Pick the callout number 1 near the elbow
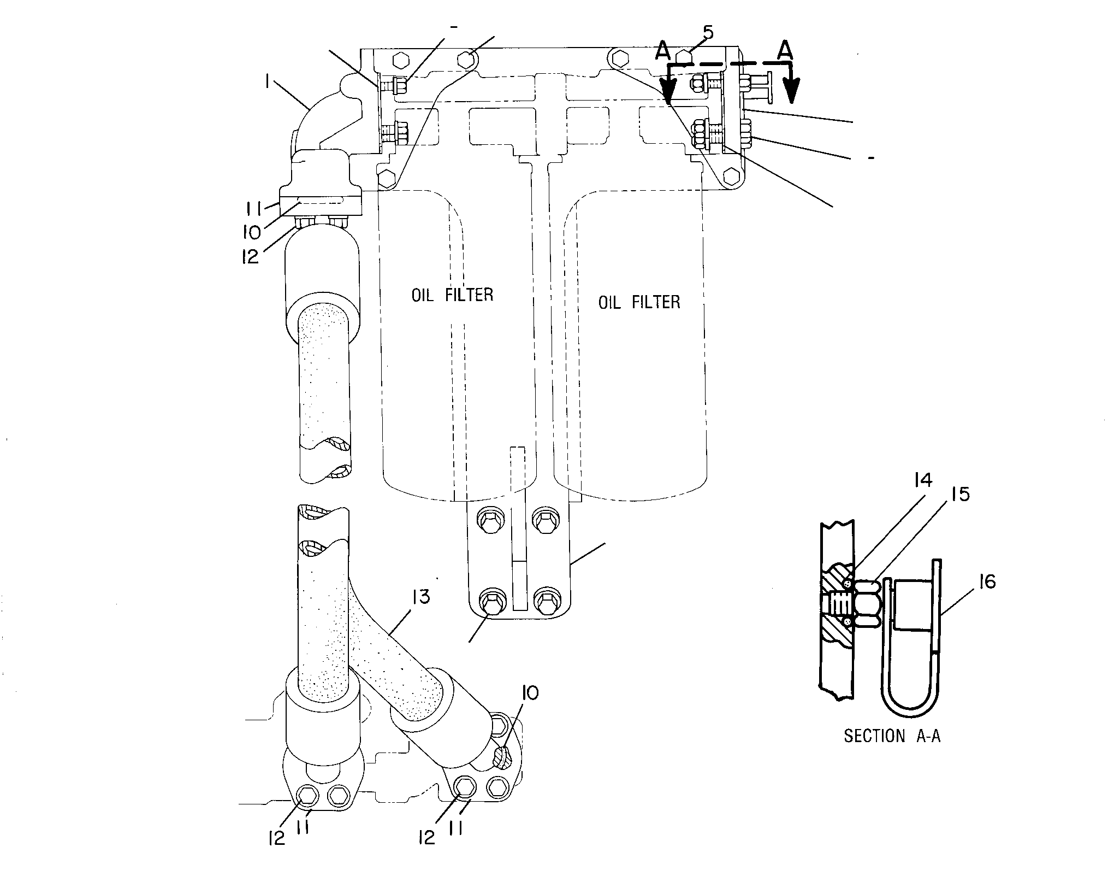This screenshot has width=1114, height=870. (x=266, y=82)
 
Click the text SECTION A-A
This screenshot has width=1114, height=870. (x=892, y=736)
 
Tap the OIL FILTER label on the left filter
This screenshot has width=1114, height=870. (x=452, y=295)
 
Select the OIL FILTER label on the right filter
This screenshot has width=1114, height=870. (x=639, y=302)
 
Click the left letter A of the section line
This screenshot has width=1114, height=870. (x=662, y=50)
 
